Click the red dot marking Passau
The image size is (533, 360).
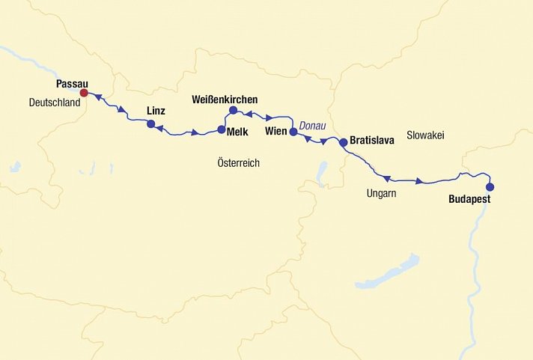pyautogui.click(x=85, y=93)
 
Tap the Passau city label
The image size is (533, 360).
pyautogui.click(x=72, y=84)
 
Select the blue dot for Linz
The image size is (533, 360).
pyautogui.click(x=151, y=124)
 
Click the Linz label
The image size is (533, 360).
pyautogui.click(x=156, y=111)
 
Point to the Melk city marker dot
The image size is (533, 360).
pyautogui.click(x=222, y=129)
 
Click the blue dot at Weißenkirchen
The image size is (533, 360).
pyautogui.click(x=233, y=111)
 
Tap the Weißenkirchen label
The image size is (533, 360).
pyautogui.click(x=225, y=99)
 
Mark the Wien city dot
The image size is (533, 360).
pyautogui.click(x=293, y=132)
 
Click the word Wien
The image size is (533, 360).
pyautogui.click(x=276, y=132)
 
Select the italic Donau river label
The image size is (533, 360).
pyautogui.click(x=312, y=126)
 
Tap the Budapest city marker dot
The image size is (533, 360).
pyautogui.click(x=490, y=187)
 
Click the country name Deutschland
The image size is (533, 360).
pyautogui.click(x=55, y=103)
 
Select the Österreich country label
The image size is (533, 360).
pyautogui.click(x=238, y=162)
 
